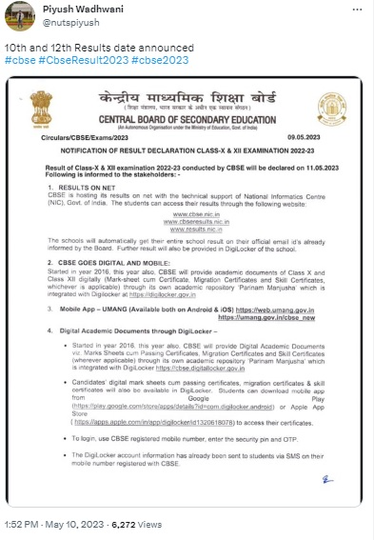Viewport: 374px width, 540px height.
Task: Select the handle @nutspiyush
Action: coord(64,27)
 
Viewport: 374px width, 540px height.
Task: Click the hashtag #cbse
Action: coord(19,60)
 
